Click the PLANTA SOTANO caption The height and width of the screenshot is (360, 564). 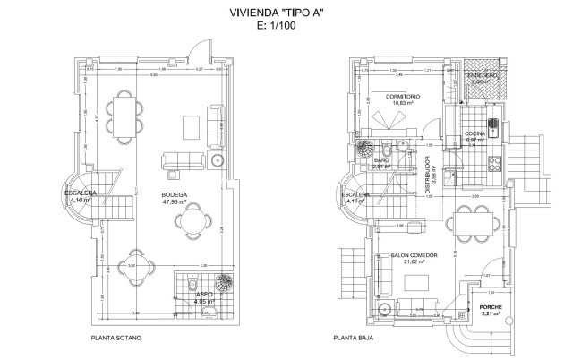tap(120, 339)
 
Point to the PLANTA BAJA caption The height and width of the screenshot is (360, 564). tap(353, 339)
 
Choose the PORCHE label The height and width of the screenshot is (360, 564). tap(491, 309)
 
